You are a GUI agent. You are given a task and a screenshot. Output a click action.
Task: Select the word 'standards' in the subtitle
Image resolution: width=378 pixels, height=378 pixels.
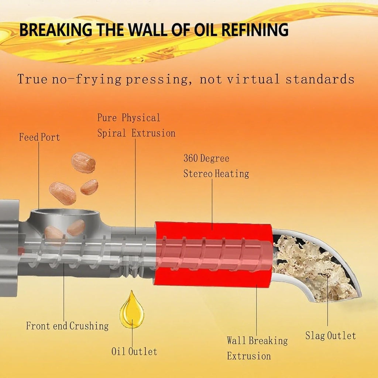[x=320, y=79]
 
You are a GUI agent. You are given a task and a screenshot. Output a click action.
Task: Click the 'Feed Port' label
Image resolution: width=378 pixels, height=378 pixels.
[x=39, y=137]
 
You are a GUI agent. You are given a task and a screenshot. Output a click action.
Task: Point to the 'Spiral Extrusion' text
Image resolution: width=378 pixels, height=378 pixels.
[x=136, y=133]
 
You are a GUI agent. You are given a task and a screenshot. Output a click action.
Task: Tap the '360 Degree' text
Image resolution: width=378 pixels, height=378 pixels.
[x=206, y=158]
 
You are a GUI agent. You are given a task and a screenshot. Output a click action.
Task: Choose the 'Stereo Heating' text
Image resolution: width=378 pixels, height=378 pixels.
[x=216, y=173]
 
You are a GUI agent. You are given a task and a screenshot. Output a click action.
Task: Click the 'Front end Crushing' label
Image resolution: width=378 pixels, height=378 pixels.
[x=67, y=326]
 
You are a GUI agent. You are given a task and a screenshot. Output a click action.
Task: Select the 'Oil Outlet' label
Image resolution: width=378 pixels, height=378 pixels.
[x=134, y=351]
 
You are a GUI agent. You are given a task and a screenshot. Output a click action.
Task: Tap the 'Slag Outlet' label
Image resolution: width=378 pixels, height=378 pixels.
[x=330, y=336]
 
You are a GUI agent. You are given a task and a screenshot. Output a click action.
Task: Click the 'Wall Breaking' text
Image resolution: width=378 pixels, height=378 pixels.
[x=257, y=341]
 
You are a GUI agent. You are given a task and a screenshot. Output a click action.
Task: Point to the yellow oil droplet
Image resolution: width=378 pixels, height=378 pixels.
[x=132, y=310]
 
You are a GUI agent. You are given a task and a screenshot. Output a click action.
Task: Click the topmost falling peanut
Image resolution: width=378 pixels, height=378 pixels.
[x=83, y=163]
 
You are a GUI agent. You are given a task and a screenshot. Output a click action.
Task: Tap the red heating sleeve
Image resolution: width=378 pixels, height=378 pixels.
[x=214, y=255]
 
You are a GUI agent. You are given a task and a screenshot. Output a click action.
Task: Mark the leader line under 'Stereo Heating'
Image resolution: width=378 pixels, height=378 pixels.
[x=212, y=204]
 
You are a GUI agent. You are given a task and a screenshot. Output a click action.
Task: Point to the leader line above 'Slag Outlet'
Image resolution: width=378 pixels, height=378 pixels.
[x=328, y=300]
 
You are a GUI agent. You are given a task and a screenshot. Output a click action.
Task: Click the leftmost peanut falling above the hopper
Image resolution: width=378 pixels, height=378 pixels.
[x=63, y=193]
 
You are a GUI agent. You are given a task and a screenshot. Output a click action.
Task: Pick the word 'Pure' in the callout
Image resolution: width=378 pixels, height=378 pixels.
[x=107, y=118]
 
